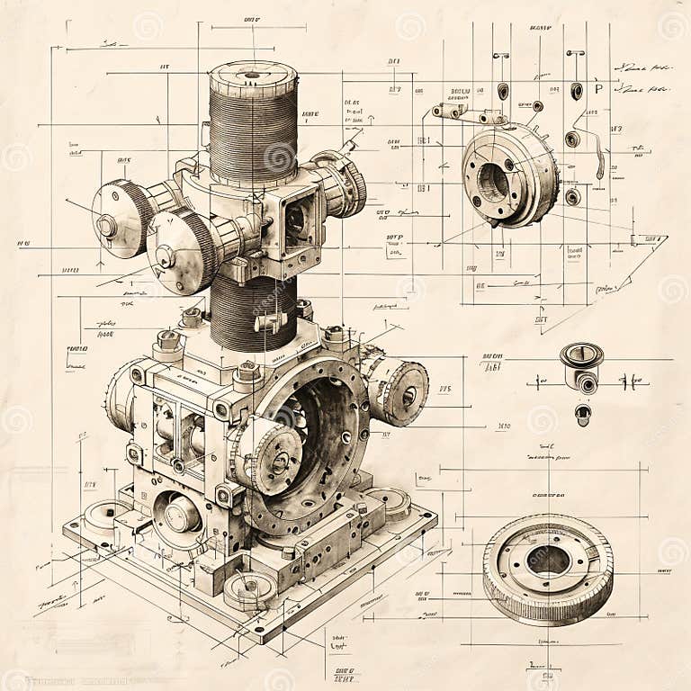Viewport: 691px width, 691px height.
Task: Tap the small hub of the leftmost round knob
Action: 107,225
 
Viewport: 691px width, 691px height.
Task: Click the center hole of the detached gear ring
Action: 547,561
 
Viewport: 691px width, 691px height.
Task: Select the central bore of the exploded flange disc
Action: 493,180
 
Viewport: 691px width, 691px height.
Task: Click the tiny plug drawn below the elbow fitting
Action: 583,415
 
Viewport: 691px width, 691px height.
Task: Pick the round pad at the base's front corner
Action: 249,589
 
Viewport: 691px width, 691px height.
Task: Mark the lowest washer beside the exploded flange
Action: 572,196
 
